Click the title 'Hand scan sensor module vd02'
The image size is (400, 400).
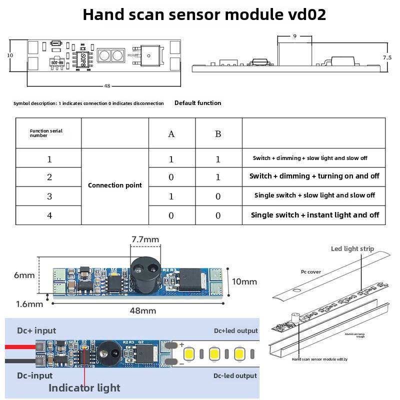(204, 14)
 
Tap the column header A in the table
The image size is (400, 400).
(171, 134)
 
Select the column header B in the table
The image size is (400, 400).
(218, 134)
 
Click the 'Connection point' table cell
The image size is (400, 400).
(115, 185)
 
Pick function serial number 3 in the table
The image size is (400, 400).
(49, 196)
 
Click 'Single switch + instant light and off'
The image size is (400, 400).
(314, 215)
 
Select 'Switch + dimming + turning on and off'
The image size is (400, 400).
(314, 176)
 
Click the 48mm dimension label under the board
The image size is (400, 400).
(143, 310)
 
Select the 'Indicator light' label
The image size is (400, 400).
(84, 387)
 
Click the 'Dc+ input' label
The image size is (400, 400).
(36, 330)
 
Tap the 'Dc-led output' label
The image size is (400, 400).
(235, 375)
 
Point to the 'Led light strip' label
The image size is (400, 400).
(352, 249)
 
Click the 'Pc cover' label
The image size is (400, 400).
(310, 272)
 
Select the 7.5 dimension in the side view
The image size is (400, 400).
(387, 57)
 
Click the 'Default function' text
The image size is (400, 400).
(197, 103)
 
